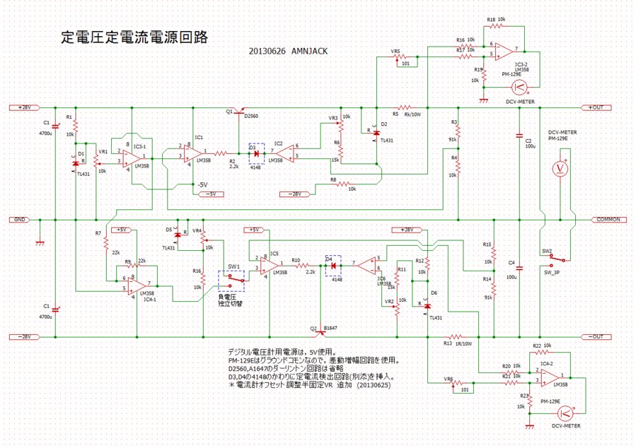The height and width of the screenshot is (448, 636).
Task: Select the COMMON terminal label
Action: point(607,219)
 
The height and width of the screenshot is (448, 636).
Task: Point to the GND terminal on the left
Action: point(21,219)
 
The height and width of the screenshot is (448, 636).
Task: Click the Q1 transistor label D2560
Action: point(251,116)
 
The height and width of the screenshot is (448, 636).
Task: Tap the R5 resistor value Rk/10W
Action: point(413,114)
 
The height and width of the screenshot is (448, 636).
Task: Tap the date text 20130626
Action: point(267,51)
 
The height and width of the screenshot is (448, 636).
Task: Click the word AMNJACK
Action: point(310,51)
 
